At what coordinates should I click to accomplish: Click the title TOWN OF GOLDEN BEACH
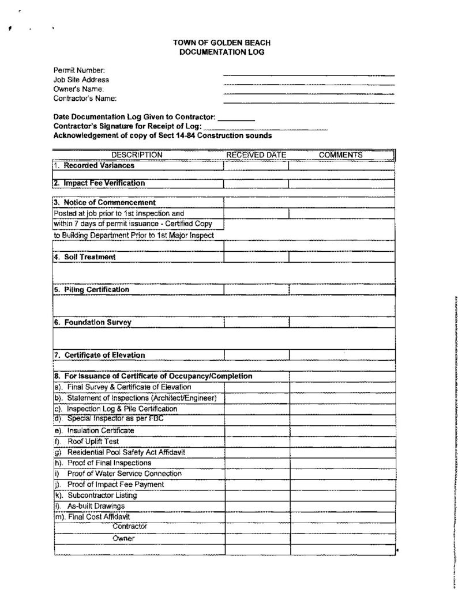click(x=222, y=43)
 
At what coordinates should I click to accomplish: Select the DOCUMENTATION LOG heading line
click(x=222, y=52)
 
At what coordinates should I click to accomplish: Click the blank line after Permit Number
click(x=309, y=74)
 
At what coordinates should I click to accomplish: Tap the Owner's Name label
click(x=78, y=89)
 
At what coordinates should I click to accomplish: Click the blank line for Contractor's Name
click(x=309, y=102)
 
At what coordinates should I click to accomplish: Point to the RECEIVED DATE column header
click(x=256, y=155)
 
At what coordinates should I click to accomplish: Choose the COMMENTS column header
click(x=341, y=155)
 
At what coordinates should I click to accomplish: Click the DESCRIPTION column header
click(x=137, y=155)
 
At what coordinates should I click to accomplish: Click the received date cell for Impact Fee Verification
click(x=256, y=184)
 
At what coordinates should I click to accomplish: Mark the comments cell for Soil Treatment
click(x=341, y=257)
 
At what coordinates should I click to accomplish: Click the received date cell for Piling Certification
click(x=256, y=290)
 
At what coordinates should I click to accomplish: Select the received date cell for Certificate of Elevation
click(x=256, y=355)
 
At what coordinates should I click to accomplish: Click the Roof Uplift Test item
click(x=93, y=441)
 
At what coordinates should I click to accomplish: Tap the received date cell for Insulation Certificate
click(x=257, y=430)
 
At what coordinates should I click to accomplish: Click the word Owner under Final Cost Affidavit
click(x=123, y=538)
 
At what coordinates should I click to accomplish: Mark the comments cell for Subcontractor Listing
click(x=343, y=496)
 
